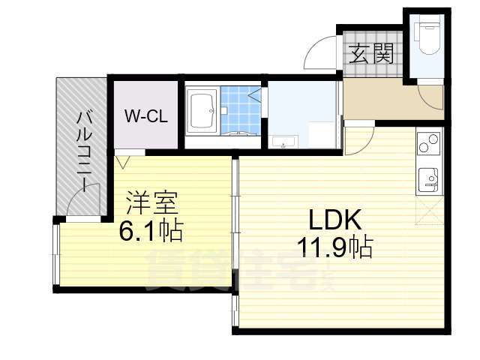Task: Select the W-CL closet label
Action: pos(145,116)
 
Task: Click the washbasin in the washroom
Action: pos(284,140)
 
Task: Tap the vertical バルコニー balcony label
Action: pos(83,150)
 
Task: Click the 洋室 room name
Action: pos(152,202)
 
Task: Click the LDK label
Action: pos(336,220)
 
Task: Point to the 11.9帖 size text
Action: pos(335,247)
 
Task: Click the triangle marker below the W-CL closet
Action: pos(123,160)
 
